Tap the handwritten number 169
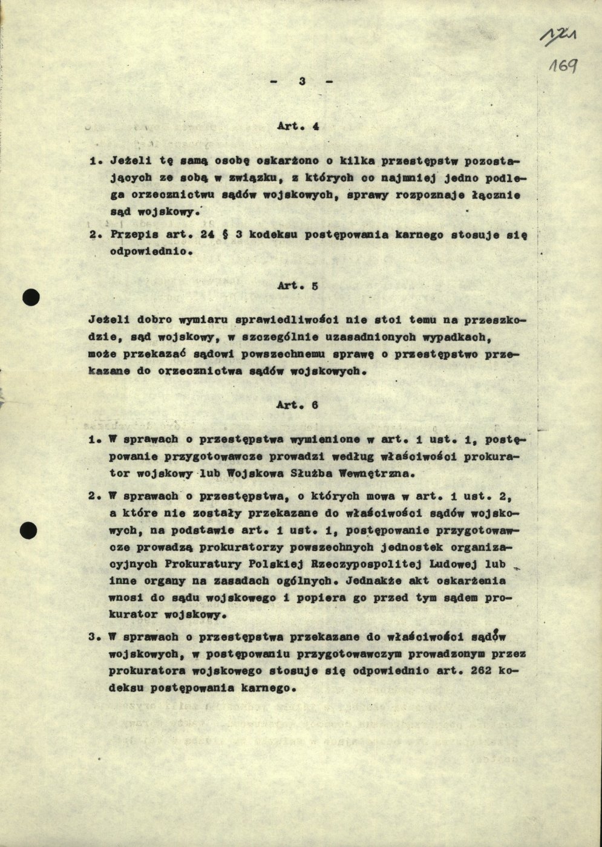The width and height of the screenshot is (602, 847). coord(562,65)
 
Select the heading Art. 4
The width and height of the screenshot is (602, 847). coord(298,126)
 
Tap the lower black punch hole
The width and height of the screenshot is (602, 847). coord(28,531)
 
